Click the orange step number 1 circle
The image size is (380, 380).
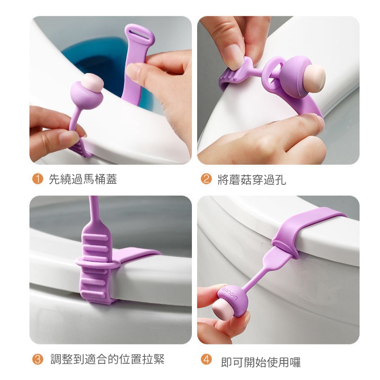point(38,179)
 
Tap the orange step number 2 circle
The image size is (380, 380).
point(206,179)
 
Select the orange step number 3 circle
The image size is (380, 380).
point(38,359)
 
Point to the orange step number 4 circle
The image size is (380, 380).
point(206,359)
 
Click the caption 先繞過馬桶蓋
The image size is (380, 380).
point(83,180)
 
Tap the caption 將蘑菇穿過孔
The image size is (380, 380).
point(252,180)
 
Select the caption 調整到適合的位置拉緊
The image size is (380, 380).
point(107,359)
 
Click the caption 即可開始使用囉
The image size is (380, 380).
point(261,362)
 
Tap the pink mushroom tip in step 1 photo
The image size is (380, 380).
point(93,83)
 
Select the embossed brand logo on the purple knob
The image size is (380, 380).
point(229,293)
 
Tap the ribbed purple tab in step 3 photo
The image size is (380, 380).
point(95,264)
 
